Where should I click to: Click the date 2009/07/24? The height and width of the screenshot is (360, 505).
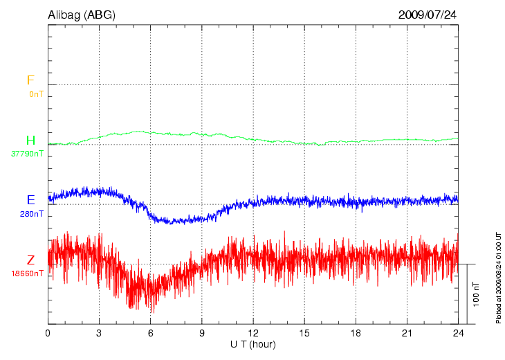pos(427,15)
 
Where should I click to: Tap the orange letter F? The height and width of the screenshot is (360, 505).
pos(30,81)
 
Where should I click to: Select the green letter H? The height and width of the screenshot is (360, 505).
pos(30,141)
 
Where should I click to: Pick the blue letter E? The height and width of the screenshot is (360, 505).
pos(30,200)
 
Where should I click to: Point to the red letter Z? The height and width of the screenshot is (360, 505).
pos(30,260)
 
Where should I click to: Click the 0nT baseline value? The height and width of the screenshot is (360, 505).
pos(36,94)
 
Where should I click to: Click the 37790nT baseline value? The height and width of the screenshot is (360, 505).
pos(27,154)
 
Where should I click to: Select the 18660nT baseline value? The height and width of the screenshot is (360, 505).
pos(27,273)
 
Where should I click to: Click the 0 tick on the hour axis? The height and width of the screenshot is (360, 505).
pos(48,333)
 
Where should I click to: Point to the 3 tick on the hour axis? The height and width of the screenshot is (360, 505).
pos(99,333)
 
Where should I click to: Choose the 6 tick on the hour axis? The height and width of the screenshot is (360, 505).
pos(151,333)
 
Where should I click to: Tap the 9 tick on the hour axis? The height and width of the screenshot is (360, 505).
pos(202,333)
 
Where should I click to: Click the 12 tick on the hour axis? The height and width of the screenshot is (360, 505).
pos(253,333)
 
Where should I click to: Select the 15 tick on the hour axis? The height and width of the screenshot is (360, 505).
pos(304,333)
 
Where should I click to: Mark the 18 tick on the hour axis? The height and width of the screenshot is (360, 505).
pos(356,333)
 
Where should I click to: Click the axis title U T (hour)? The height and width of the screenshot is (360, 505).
pos(253,344)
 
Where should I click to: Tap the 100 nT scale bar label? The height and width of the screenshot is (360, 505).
pos(477,294)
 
